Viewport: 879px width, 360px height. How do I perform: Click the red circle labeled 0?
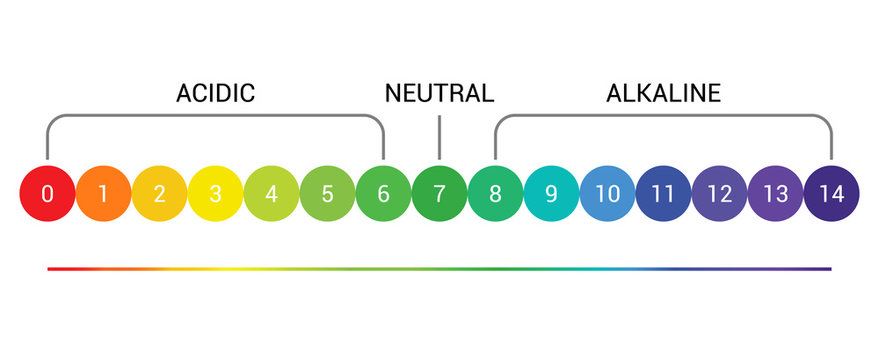coord(47,193)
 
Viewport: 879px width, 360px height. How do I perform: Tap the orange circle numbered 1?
coord(103,193)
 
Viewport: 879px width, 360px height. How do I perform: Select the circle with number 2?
coord(159,193)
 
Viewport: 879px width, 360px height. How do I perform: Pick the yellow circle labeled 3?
coord(215,193)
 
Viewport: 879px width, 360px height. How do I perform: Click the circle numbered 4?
coord(271,193)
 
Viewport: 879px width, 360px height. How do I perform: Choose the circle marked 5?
coord(327,193)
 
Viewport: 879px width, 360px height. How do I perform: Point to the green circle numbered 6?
coord(383,193)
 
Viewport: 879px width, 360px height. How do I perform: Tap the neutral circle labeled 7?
coord(439,193)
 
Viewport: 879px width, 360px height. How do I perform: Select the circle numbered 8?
coord(495,193)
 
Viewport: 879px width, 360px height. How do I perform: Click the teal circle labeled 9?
coord(551,193)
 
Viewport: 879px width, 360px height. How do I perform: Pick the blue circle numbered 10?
coord(607,193)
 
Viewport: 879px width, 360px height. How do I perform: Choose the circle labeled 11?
coord(663,193)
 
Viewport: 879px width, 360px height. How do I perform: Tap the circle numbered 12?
coord(719,193)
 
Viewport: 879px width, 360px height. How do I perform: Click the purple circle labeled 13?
coord(775,193)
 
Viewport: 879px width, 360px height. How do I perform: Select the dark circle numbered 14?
coord(831,193)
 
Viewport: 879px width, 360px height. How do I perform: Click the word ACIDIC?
coord(215,94)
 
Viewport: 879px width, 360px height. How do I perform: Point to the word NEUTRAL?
coord(439,94)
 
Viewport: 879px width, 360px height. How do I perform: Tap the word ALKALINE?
coord(663,94)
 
